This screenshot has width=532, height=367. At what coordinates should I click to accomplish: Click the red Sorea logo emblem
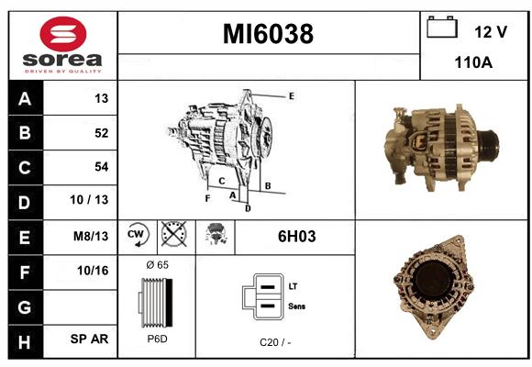tap(63, 34)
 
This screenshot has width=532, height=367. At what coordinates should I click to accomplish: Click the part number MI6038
tap(268, 34)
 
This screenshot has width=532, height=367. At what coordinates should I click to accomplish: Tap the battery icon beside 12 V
tap(442, 27)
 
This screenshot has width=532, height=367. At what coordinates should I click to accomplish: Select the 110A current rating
tap(473, 62)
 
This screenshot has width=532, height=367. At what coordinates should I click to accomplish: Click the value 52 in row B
tap(102, 133)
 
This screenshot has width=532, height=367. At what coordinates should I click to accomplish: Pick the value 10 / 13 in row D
tap(89, 200)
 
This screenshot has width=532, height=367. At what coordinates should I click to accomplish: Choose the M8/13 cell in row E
tap(91, 236)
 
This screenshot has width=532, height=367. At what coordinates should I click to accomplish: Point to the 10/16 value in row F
tap(93, 271)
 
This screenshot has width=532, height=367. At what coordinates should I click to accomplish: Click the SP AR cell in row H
tap(89, 339)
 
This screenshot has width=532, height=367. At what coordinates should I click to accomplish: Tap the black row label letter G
tap(25, 307)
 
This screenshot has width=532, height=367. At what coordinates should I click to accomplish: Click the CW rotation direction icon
tap(137, 235)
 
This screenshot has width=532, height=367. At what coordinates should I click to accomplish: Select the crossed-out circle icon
tap(173, 234)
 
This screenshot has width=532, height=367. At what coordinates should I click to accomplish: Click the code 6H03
tap(296, 237)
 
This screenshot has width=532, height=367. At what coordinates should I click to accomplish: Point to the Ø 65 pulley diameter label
tap(157, 264)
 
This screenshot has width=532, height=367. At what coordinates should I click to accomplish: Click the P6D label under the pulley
tap(157, 339)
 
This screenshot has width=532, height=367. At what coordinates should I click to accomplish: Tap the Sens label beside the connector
tap(296, 306)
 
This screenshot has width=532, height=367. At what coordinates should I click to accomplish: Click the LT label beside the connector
tap(293, 286)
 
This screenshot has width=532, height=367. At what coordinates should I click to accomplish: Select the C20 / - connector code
tap(275, 342)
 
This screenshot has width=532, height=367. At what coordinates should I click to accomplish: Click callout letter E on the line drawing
tap(291, 96)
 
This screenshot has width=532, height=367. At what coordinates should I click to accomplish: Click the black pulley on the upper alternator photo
tap(489, 144)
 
